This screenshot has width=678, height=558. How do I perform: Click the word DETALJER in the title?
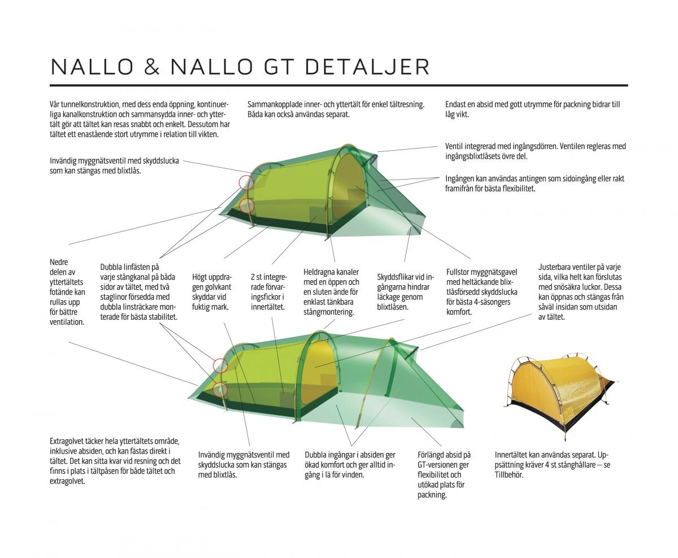(367, 67)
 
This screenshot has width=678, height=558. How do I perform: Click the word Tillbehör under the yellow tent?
(509, 475)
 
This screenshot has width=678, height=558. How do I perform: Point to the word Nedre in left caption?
(59, 262)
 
